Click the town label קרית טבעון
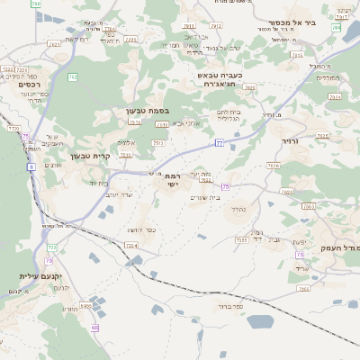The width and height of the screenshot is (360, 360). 89,155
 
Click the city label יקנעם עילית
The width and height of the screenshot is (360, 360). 40,276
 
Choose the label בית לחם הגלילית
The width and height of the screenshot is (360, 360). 229,115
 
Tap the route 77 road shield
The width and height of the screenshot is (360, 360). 219,143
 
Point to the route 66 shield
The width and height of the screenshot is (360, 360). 94,328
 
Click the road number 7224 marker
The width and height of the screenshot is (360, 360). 131,245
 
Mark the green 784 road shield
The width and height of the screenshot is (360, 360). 336,29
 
